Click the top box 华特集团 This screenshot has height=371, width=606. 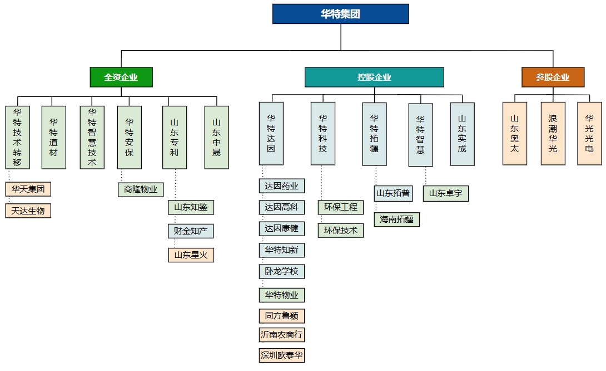[340, 14]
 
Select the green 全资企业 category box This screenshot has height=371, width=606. [121, 77]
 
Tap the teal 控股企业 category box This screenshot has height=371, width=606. [374, 77]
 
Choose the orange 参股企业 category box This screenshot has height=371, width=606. [553, 77]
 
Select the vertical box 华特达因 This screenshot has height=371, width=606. [271, 134]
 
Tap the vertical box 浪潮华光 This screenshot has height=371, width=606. [553, 134]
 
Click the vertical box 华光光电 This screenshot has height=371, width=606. [589, 134]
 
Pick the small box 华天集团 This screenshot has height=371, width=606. [28, 189]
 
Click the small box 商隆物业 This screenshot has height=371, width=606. [141, 190]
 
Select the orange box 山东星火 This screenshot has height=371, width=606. [191, 255]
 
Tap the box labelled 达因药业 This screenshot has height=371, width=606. [281, 186]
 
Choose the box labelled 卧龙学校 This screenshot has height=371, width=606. [281, 272]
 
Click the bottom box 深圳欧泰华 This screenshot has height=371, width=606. [281, 355]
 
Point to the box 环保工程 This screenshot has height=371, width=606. [341, 207]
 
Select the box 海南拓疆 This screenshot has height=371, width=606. [396, 219]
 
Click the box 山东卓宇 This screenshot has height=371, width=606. [445, 194]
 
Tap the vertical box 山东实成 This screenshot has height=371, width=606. [462, 134]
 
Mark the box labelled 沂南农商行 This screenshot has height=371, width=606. [281, 335]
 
